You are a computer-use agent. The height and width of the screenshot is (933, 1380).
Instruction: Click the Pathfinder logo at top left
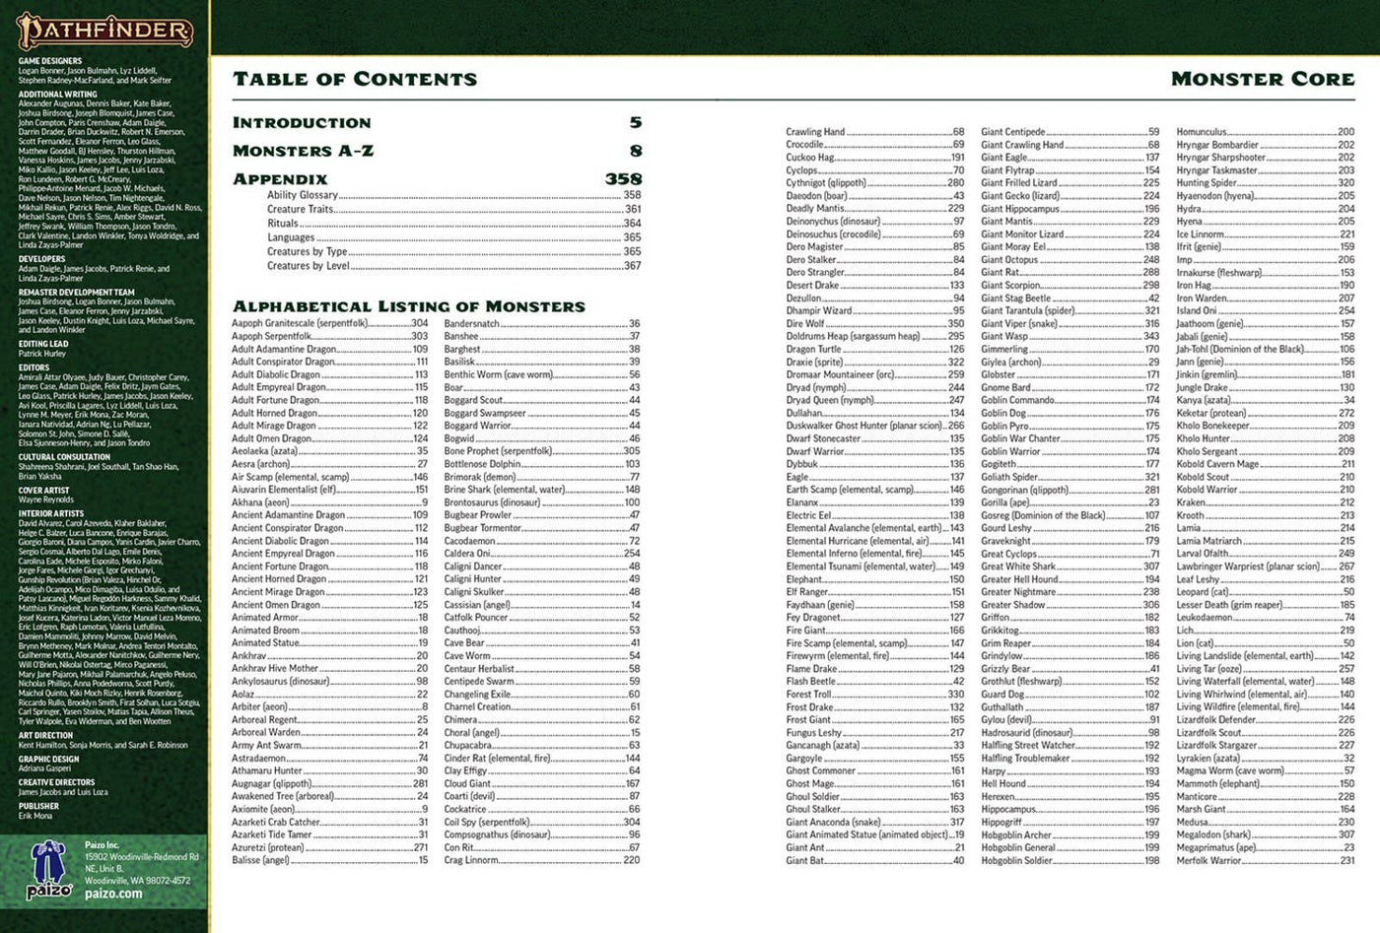(x=104, y=31)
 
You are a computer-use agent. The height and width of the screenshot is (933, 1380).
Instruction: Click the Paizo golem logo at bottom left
(x=46, y=872)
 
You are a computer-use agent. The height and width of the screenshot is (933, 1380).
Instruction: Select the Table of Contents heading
(x=355, y=79)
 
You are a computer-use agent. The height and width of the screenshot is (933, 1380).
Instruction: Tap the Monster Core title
(x=1263, y=79)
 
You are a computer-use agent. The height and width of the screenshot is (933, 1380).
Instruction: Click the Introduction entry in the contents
(x=302, y=123)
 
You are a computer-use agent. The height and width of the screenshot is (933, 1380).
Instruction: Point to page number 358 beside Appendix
(x=623, y=179)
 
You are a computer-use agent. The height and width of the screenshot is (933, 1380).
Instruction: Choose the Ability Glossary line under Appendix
(x=303, y=195)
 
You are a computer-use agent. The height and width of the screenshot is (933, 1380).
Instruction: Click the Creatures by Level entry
(x=308, y=265)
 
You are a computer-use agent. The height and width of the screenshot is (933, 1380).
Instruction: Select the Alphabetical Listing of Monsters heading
(x=408, y=306)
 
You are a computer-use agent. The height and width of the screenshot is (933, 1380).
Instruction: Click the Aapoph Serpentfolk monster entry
(x=272, y=336)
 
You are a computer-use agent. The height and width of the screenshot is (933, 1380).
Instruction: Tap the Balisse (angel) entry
(x=261, y=860)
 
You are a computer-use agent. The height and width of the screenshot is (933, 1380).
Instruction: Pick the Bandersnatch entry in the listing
(x=472, y=323)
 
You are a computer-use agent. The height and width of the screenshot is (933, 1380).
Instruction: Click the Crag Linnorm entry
(x=472, y=860)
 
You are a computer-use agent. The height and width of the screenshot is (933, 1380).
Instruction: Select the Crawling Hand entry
(x=815, y=132)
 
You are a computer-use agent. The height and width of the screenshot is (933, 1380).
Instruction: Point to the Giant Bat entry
(x=805, y=860)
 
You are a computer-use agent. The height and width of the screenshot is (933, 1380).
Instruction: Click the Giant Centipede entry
(x=1013, y=132)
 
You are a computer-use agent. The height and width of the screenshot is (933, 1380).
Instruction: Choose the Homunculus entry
(x=1202, y=132)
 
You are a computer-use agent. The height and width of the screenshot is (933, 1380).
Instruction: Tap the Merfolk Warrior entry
(x=1209, y=860)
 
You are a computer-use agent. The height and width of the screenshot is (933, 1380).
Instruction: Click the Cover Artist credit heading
(x=44, y=490)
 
